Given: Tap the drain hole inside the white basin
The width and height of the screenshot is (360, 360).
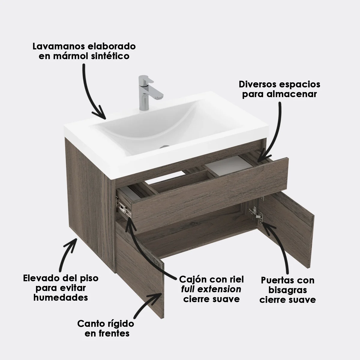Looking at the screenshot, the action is coord(164,147).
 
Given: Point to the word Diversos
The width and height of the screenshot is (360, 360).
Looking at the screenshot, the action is coord(257,84).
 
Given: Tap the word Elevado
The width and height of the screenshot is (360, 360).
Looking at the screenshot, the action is coord(39,278).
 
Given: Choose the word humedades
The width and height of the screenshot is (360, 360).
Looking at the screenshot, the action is coord(61,297).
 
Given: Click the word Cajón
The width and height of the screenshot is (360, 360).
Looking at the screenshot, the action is coord(193,280).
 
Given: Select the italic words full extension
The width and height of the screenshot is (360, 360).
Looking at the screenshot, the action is coord(211,289).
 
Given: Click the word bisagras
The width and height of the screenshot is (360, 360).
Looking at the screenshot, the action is coord(287,290).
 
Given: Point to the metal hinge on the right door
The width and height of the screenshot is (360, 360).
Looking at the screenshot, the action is coord(256,214).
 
